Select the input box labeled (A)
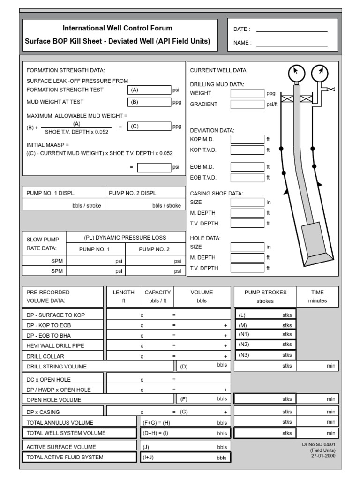(149, 90)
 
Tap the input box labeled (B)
(149, 102)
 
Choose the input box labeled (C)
(149, 126)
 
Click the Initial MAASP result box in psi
(154, 167)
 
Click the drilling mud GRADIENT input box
(247, 104)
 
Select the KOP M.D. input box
(247, 139)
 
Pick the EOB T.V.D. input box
(247, 178)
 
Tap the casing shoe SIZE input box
(247, 202)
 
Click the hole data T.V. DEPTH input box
(247, 268)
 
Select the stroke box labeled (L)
(265, 315)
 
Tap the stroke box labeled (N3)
(265, 355)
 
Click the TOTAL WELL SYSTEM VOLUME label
(73, 433)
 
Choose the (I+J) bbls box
(185, 457)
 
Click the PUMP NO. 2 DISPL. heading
(134, 193)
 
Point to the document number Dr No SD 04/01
(319, 444)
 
